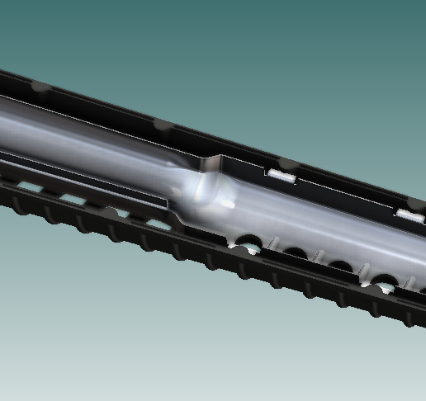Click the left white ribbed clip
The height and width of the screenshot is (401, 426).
coord(282,175)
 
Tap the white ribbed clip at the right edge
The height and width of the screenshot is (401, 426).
coord(409,215)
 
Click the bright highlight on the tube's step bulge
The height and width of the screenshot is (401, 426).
coord(201,189)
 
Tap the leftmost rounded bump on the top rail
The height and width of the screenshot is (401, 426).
coord(37,86)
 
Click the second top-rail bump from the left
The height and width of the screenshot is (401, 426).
coord(161,125)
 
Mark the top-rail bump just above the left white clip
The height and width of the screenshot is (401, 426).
coord(282,162)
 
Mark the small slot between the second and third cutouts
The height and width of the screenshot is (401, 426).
coord(317,257)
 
